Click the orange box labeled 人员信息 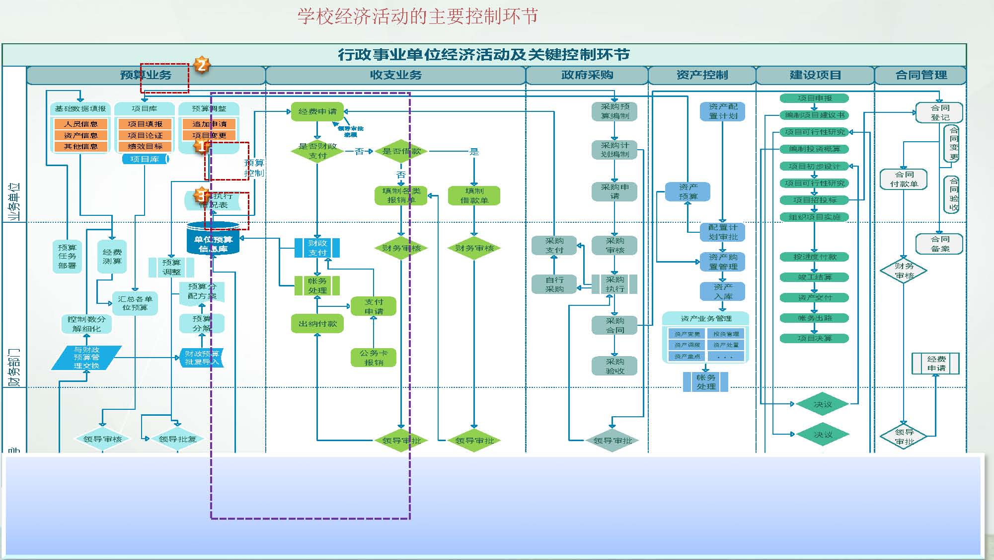click(81, 124)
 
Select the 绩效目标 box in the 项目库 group click(145, 146)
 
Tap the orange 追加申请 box click(209, 124)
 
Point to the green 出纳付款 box click(317, 324)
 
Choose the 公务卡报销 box click(374, 358)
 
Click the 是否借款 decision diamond click(401, 151)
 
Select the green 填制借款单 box click(474, 195)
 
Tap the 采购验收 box click(614, 366)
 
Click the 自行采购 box click(554, 284)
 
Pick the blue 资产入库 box click(723, 291)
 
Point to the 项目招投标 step click(814, 200)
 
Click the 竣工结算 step click(814, 277)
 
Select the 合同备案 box click(939, 244)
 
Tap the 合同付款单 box click(904, 179)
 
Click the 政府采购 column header click(587, 75)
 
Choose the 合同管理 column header click(920, 75)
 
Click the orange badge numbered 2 click(201, 65)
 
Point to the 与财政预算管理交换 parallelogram click(86, 358)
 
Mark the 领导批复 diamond click(177, 439)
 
